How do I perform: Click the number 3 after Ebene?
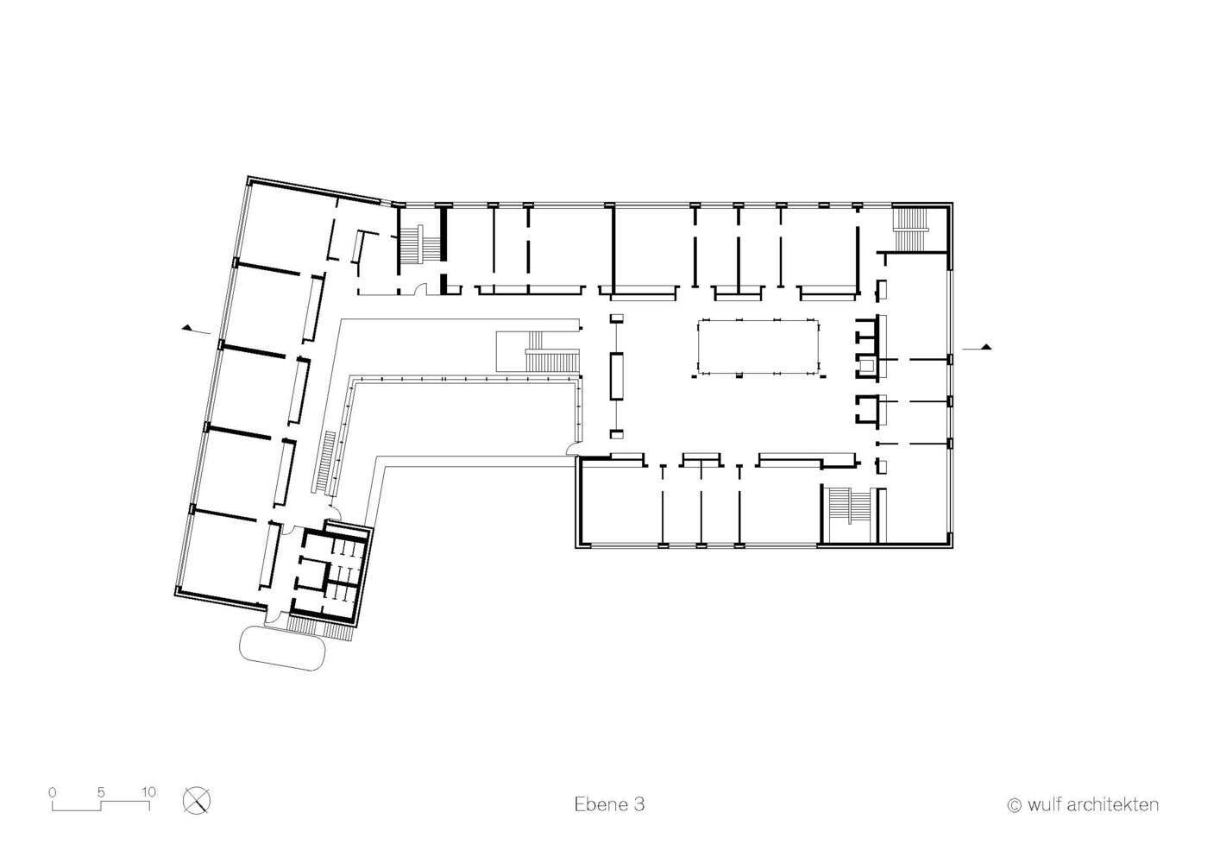(x=638, y=804)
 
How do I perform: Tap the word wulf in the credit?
(x=1045, y=804)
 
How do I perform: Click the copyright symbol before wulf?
(x=1014, y=805)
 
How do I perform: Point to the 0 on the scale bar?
(x=53, y=791)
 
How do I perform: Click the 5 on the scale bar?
(x=101, y=791)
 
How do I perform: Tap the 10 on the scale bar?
(x=149, y=791)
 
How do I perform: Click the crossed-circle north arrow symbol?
(x=196, y=801)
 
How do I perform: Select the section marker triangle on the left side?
(x=187, y=327)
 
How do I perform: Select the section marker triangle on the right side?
(x=986, y=347)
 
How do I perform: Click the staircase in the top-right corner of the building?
(x=910, y=229)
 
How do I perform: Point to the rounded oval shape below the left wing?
(x=282, y=648)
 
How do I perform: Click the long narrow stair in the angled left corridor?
(x=324, y=463)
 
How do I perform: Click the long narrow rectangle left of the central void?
(x=617, y=376)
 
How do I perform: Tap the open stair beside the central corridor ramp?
(x=551, y=361)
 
